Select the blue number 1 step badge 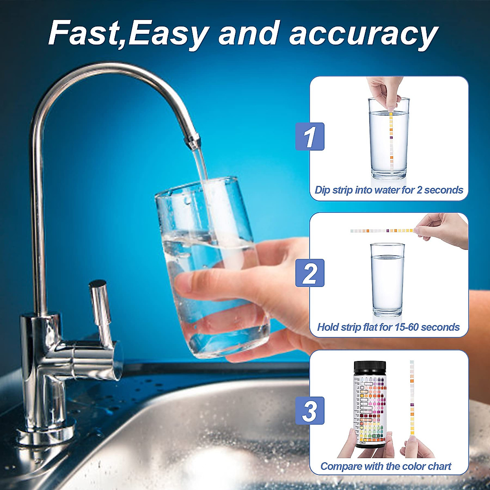tap(310, 136)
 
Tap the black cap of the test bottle tap(370, 366)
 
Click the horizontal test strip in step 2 tap(382, 231)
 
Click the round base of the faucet tap(45, 433)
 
